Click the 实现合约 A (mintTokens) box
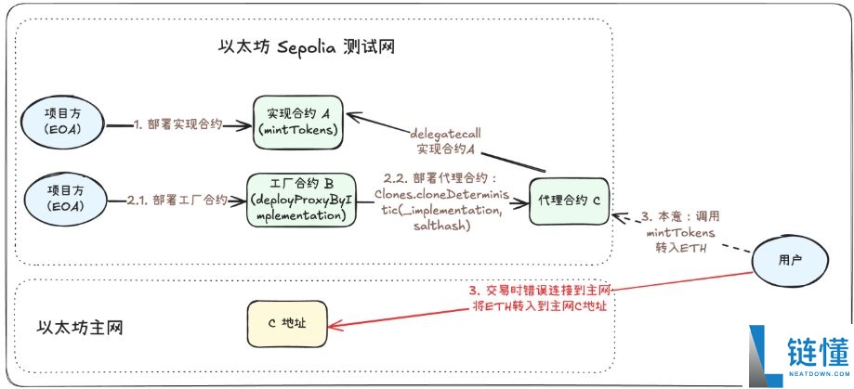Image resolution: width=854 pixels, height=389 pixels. pyautogui.click(x=298, y=122)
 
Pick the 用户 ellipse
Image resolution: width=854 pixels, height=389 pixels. pyautogui.click(x=789, y=261)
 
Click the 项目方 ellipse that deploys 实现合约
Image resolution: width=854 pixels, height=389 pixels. pyautogui.click(x=63, y=122)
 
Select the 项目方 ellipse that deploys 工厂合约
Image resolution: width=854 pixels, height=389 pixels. pyautogui.click(x=63, y=199)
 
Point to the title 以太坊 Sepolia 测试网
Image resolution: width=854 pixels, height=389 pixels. pyautogui.click(x=303, y=45)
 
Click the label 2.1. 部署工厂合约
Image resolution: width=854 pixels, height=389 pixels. pyautogui.click(x=177, y=199)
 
